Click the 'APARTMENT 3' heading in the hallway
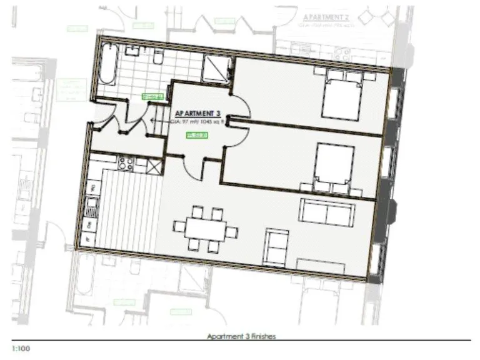pyautogui.click(x=199, y=113)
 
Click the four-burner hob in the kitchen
pyautogui.click(x=126, y=164)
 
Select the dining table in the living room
pyautogui.click(x=204, y=229)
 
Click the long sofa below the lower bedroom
pyautogui.click(x=326, y=211)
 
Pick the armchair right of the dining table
pyautogui.click(x=276, y=246)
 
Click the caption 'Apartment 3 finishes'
pyautogui.click(x=241, y=336)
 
